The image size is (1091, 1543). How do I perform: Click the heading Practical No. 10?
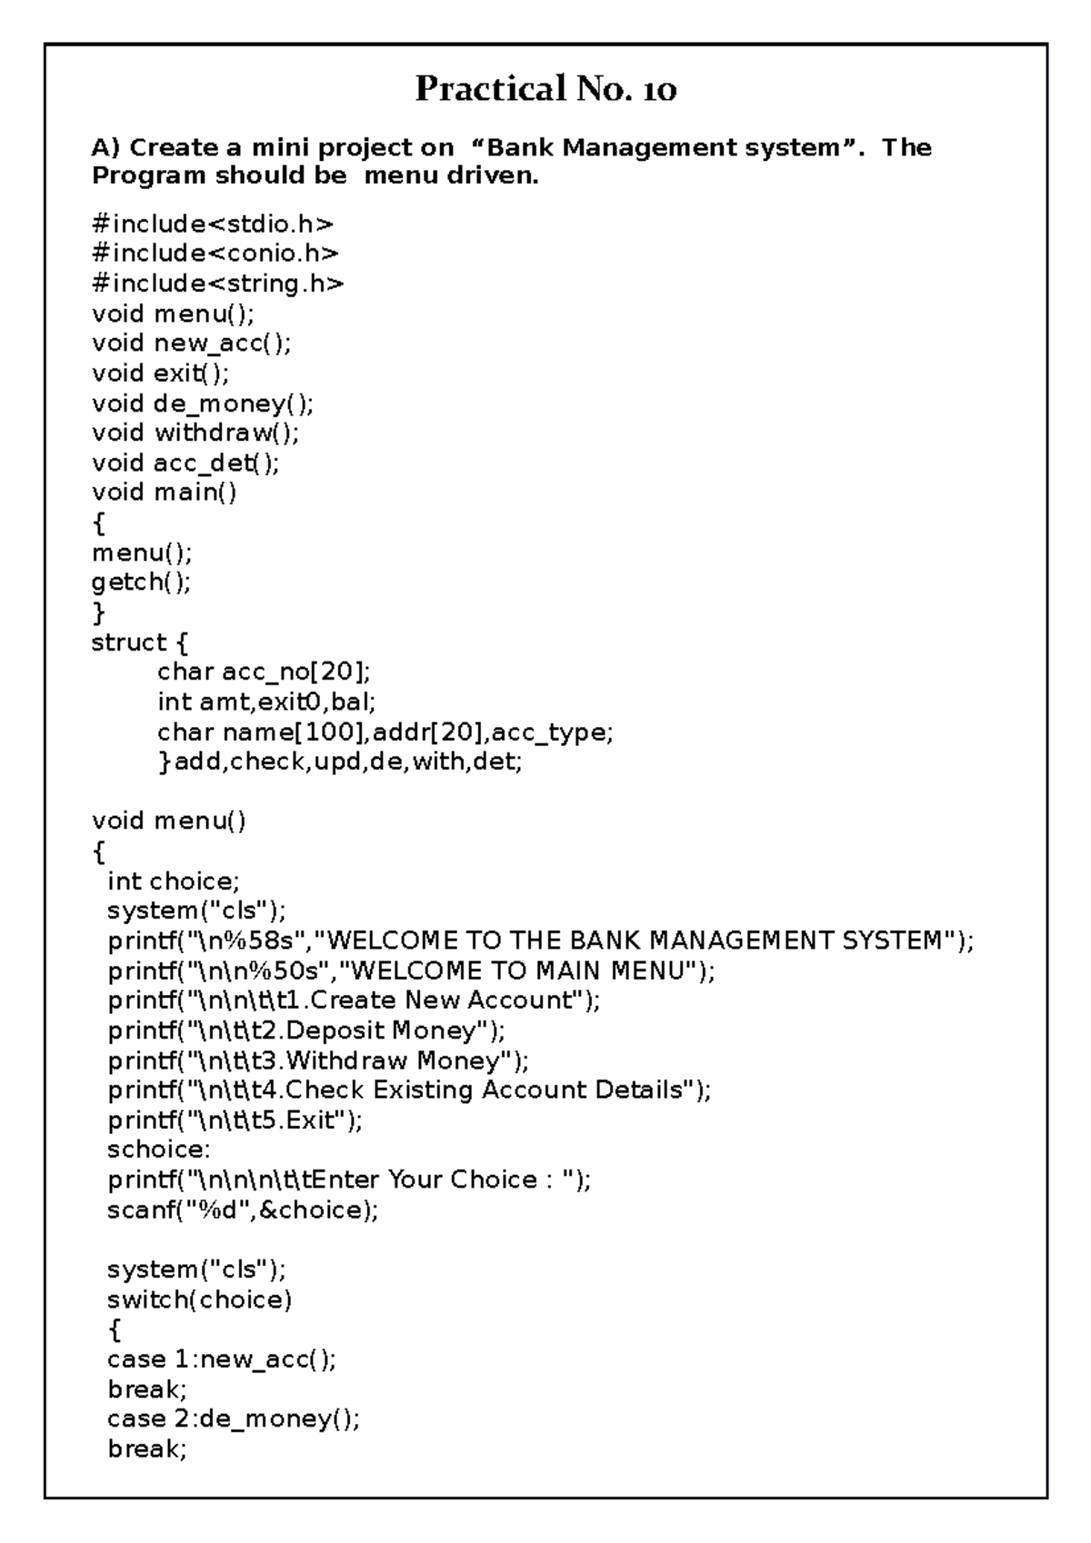click(x=545, y=89)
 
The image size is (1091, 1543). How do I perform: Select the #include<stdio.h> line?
click(x=213, y=224)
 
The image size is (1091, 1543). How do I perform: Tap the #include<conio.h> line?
click(x=215, y=254)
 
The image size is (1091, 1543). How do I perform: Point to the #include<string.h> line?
click(x=218, y=284)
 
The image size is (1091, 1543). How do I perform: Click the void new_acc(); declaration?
click(x=192, y=343)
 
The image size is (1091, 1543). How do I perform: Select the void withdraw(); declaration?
click(x=195, y=433)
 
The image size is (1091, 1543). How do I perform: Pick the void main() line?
click(x=164, y=493)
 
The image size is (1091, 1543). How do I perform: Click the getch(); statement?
click(x=141, y=582)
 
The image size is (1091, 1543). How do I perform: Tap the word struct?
click(x=129, y=642)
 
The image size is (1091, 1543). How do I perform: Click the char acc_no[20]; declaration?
click(x=264, y=672)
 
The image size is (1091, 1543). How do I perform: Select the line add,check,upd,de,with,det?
click(x=349, y=762)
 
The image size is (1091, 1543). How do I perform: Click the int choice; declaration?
click(x=174, y=881)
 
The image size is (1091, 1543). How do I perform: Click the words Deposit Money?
click(x=381, y=1030)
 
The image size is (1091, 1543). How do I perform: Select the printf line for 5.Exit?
click(x=235, y=1120)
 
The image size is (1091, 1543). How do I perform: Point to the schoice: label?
click(x=158, y=1150)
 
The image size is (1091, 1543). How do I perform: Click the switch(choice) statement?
click(x=200, y=1299)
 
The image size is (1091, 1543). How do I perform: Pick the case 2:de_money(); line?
click(x=234, y=1419)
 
